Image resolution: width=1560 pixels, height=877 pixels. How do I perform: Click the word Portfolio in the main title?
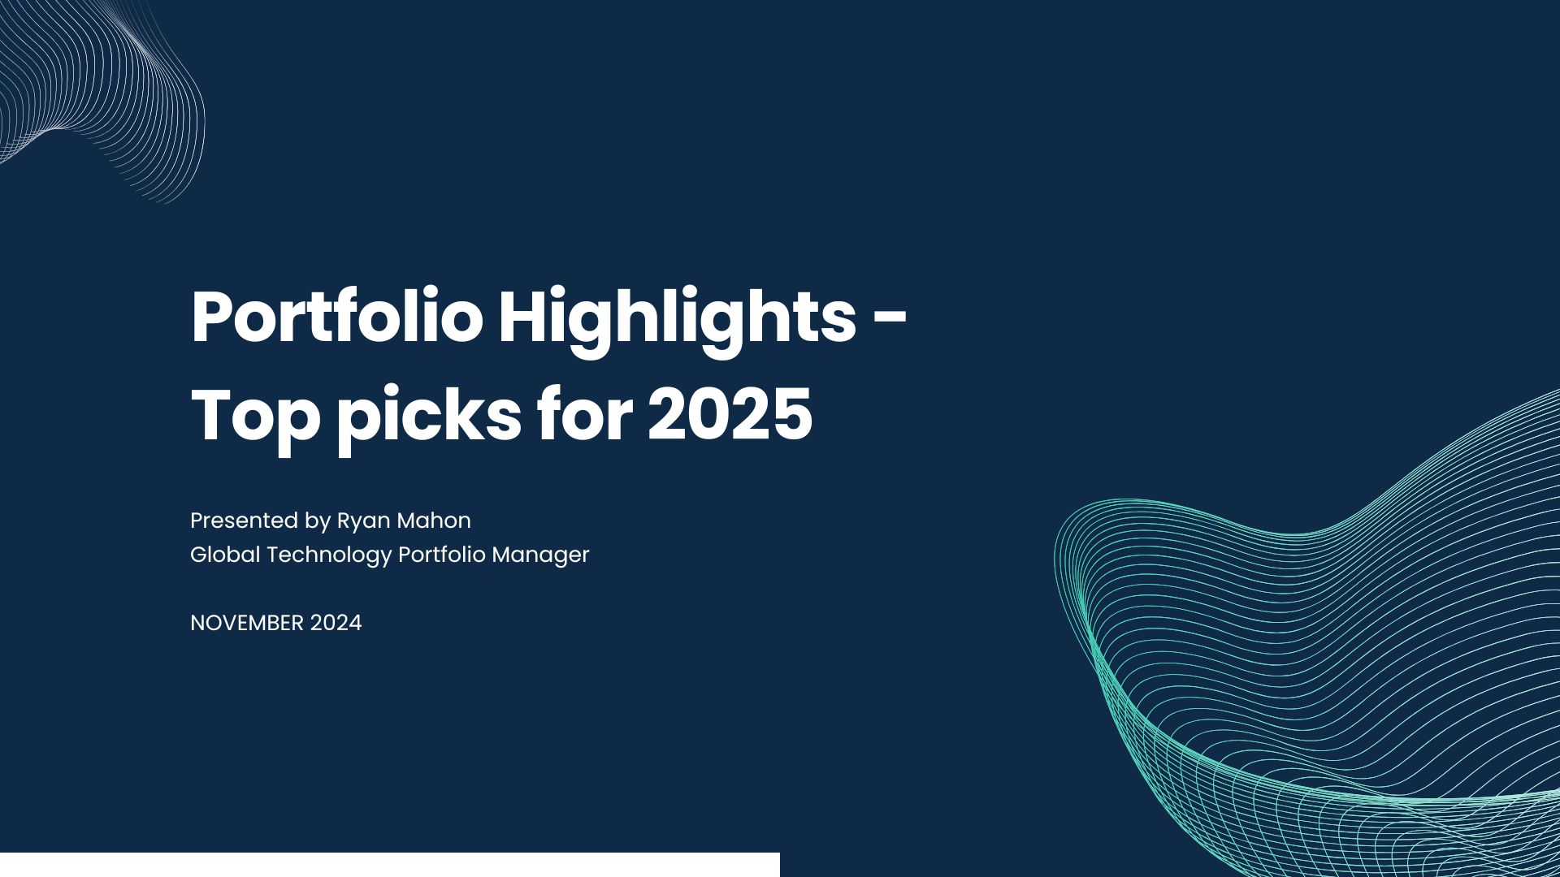point(337,318)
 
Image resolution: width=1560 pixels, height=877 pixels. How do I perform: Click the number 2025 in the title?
point(730,416)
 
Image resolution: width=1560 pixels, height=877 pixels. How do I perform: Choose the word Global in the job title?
point(225,555)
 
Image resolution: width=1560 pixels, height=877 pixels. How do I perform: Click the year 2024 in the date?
point(336,623)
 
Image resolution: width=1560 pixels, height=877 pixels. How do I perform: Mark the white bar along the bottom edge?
point(390,865)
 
